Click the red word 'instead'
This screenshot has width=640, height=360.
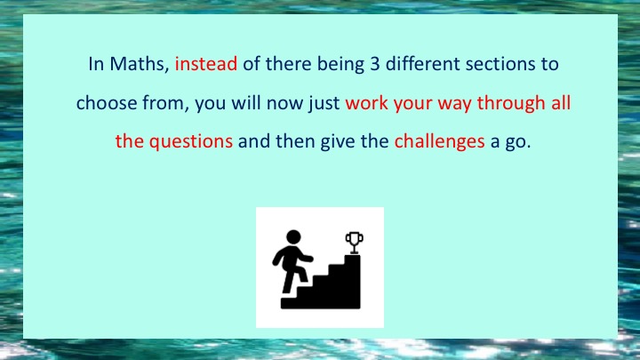pyautogui.click(x=206, y=64)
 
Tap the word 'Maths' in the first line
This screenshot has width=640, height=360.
pyautogui.click(x=137, y=64)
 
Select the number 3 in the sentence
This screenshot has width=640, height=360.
pyautogui.click(x=375, y=64)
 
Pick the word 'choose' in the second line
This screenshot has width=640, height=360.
pyautogui.click(x=107, y=102)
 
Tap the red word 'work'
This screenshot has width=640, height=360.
pyautogui.click(x=366, y=102)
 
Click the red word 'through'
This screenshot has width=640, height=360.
pyautogui.click(x=511, y=103)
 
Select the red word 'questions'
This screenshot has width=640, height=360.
pyautogui.click(x=190, y=142)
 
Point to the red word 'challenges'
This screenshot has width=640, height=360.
pyautogui.click(x=440, y=142)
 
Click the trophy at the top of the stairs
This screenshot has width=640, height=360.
pyautogui.click(x=354, y=243)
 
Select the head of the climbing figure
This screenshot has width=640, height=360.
pyautogui.click(x=293, y=236)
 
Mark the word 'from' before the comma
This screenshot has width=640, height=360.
pyautogui.click(x=163, y=102)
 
